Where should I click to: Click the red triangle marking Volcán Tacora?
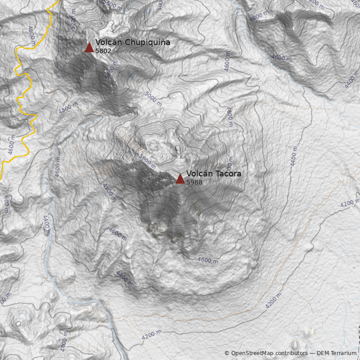click(x=180, y=179)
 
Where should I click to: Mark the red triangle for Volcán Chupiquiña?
click(x=89, y=48)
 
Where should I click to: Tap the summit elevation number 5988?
click(x=194, y=182)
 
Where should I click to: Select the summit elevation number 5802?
click(x=103, y=51)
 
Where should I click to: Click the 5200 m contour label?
click(x=75, y=20)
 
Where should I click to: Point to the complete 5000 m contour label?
click(x=153, y=98)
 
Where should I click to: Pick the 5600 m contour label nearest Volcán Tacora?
click(x=148, y=160)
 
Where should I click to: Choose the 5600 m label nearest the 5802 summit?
click(x=109, y=73)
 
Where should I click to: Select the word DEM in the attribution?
click(x=324, y=353)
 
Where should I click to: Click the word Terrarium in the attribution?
click(x=344, y=353)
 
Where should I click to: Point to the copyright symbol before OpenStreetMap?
click(x=227, y=353)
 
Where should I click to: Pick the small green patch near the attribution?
click(x=314, y=332)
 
